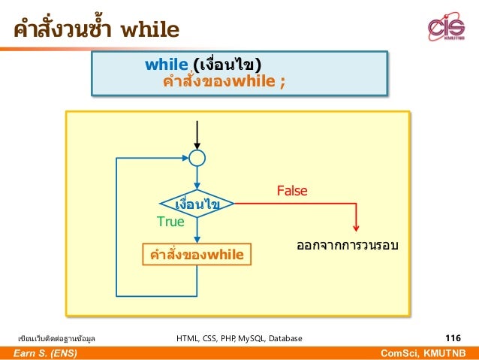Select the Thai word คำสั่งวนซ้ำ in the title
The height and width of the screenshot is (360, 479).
point(62,30)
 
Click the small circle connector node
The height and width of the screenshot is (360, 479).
point(197,158)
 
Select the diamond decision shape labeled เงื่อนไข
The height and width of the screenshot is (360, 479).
point(197,204)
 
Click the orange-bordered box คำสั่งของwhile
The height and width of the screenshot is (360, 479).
point(197,255)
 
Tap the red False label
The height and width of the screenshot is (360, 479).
point(292,192)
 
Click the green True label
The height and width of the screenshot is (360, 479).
point(170,222)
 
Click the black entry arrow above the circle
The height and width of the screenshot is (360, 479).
point(197,135)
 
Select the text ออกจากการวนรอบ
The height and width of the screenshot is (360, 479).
point(347,246)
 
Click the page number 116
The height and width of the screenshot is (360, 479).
point(453,338)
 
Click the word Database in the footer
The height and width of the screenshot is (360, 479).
point(285,339)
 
